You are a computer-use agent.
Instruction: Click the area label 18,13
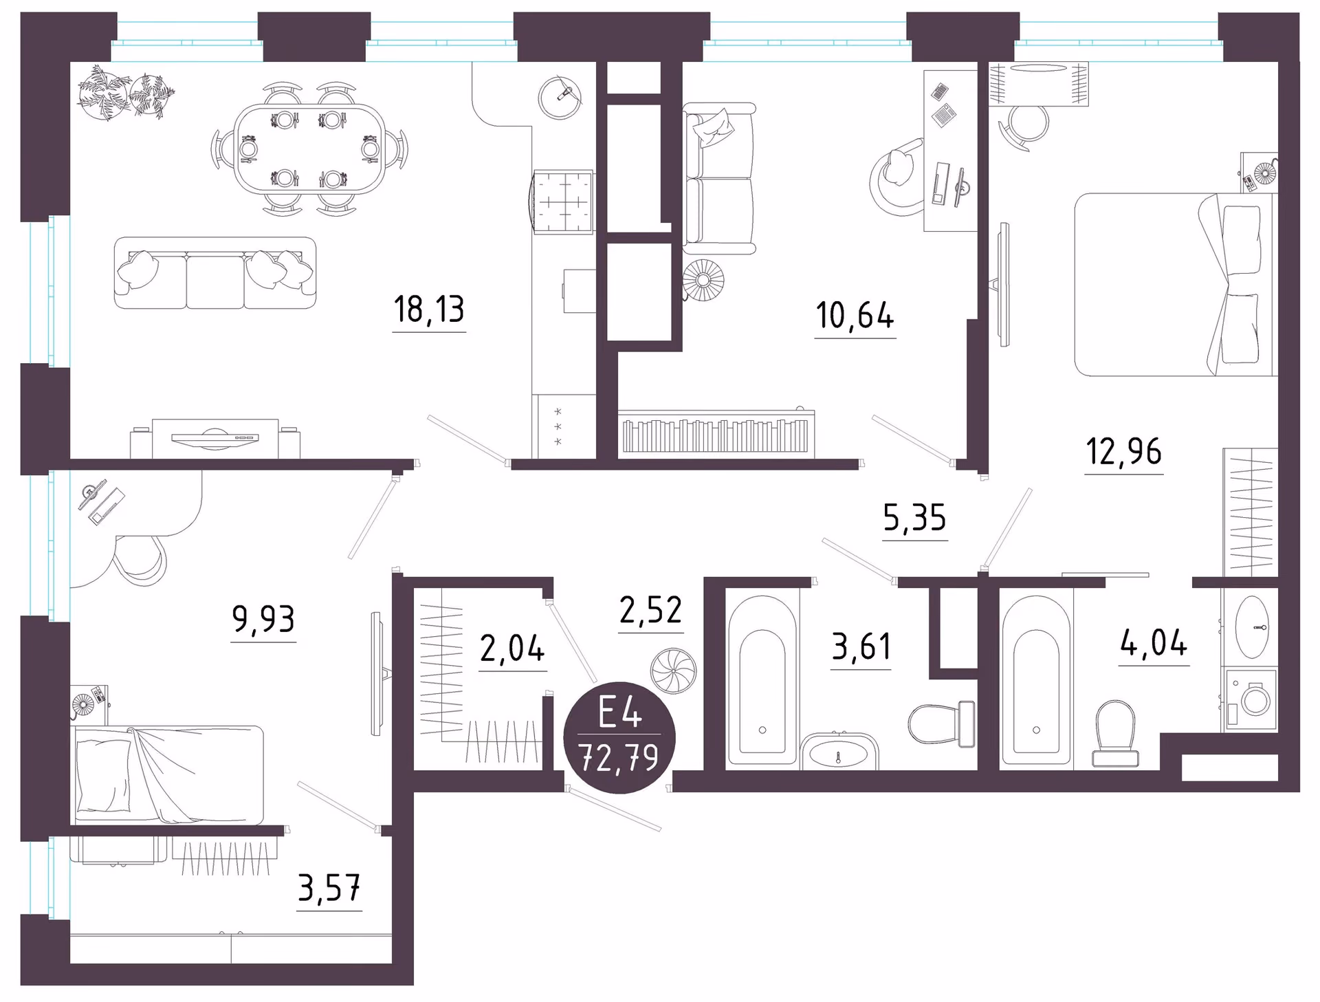(429, 309)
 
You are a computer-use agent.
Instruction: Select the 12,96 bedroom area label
(1124, 451)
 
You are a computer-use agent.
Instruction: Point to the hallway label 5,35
(914, 517)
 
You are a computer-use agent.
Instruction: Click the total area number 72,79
(619, 758)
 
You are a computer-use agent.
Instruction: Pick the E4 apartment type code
(620, 712)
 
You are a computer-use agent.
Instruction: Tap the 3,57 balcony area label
(329, 888)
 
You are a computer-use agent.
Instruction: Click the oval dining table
(309, 149)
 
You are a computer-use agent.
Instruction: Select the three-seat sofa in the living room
(215, 273)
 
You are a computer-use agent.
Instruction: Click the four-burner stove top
(563, 202)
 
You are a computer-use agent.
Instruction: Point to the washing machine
(1250, 700)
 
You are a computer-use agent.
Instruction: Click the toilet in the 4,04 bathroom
(1114, 733)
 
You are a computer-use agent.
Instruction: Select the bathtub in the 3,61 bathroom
(762, 680)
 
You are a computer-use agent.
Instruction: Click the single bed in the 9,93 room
(168, 774)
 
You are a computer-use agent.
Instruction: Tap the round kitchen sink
(560, 98)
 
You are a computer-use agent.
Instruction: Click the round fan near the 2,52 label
(674, 671)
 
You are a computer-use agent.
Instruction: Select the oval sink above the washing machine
(1252, 627)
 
